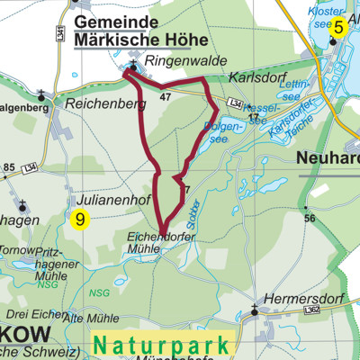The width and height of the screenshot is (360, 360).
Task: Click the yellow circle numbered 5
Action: click(338, 28)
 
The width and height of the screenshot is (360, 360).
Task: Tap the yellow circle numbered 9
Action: click(81, 218)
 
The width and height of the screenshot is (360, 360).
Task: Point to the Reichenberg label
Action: click(105, 104)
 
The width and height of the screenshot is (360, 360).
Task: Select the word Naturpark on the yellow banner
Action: click(164, 343)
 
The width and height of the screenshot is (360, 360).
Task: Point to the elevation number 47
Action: click(165, 95)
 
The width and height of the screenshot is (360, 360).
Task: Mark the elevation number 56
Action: click(309, 218)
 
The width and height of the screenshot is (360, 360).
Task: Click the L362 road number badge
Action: click(312, 310)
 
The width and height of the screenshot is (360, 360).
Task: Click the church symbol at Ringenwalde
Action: click(132, 66)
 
